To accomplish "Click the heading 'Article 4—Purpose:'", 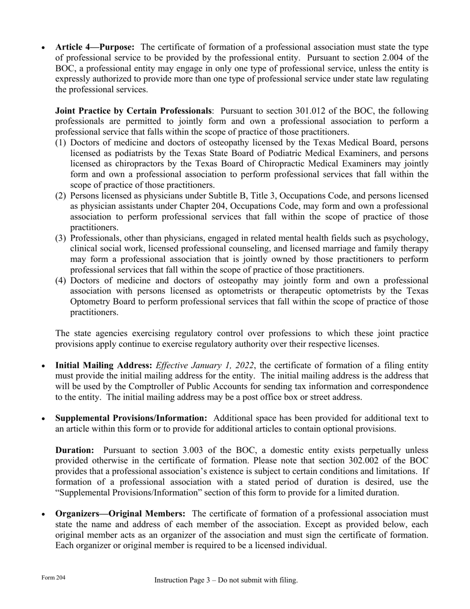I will [x=94, y=47].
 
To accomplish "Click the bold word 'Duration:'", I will [x=75, y=450].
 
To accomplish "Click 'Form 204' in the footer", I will [x=53, y=578].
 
